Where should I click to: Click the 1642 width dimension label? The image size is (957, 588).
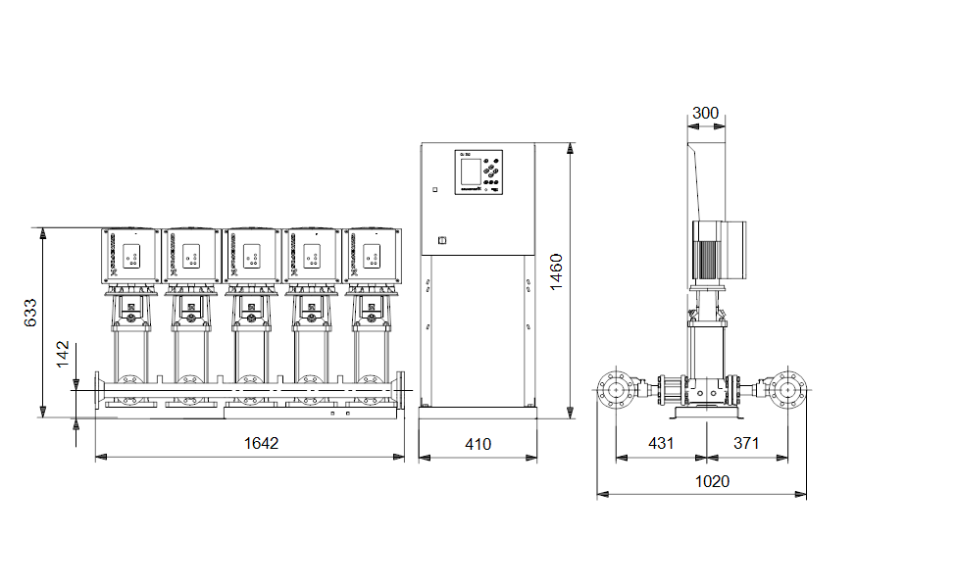pyautogui.click(x=261, y=444)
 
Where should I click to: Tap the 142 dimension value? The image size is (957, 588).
pyautogui.click(x=64, y=355)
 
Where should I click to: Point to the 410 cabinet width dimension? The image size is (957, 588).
pyautogui.click(x=478, y=444)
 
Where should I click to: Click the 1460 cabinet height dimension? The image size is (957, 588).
pyautogui.click(x=555, y=270)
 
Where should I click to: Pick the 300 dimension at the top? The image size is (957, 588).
pyautogui.click(x=705, y=114)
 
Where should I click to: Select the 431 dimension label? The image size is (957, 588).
pyautogui.click(x=662, y=443)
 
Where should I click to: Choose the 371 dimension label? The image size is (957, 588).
pyautogui.click(x=747, y=443)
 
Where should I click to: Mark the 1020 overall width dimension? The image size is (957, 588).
pyautogui.click(x=712, y=481)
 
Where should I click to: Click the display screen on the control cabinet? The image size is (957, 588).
pyautogui.click(x=468, y=169)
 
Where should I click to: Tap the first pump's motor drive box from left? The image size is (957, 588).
pyautogui.click(x=130, y=255)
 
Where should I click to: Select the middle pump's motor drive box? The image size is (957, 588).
pyautogui.click(x=252, y=255)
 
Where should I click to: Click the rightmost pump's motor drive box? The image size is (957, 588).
pyautogui.click(x=372, y=255)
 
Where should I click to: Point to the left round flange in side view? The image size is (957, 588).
pyautogui.click(x=616, y=391)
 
